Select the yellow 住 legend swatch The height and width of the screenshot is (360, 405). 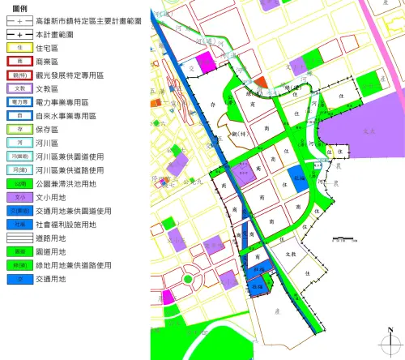20,48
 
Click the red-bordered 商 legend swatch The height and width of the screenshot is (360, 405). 20,62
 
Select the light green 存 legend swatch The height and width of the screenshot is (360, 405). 20,129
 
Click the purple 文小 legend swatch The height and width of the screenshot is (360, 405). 20,197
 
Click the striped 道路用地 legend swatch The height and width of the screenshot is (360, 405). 20,238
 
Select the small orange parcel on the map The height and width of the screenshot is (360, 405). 259,82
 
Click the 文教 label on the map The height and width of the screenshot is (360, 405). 280,254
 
